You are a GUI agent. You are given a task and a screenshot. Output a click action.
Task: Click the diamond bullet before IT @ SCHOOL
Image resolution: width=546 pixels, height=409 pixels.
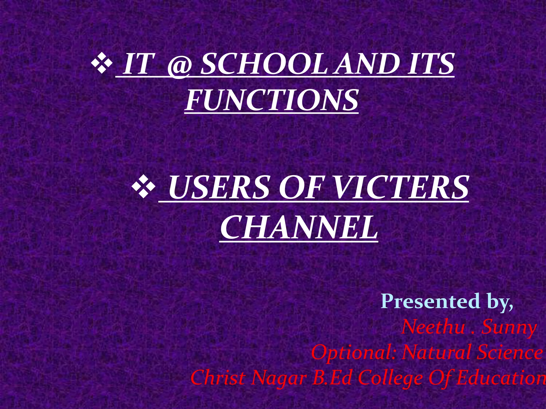101,63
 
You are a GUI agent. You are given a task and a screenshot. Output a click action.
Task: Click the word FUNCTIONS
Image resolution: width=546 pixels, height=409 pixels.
271,100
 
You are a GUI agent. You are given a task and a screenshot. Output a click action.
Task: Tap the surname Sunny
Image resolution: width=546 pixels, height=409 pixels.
509,328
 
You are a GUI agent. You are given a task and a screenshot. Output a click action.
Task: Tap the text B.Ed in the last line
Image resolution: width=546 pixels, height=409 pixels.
332,378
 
